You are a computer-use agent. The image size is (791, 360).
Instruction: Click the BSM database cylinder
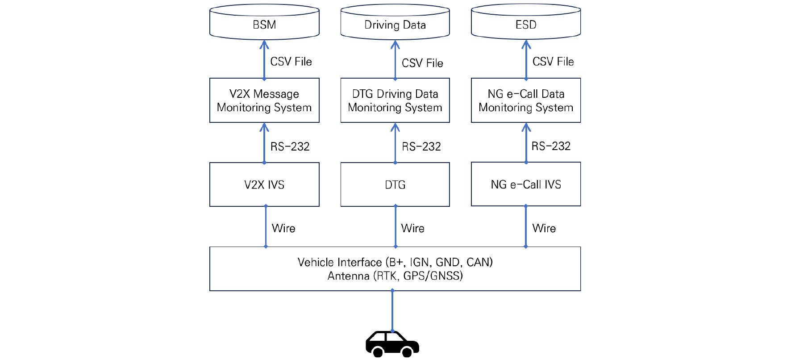pyautogui.click(x=264, y=22)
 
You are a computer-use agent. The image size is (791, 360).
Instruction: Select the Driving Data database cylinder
pyautogui.click(x=395, y=22)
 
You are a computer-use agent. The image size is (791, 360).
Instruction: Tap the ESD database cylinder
pyautogui.click(x=526, y=22)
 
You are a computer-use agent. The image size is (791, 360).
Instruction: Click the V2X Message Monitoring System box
pyautogui.click(x=264, y=100)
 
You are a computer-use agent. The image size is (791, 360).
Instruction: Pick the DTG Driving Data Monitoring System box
pyautogui.click(x=395, y=100)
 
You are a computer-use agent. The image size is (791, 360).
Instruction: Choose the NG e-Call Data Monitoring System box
pyautogui.click(x=526, y=100)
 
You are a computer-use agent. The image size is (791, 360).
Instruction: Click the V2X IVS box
pyautogui.click(x=264, y=184)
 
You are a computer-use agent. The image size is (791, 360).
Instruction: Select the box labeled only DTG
pyautogui.click(x=395, y=184)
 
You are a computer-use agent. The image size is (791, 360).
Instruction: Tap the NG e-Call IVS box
pyautogui.click(x=526, y=184)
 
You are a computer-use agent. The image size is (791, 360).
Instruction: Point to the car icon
pyautogui.click(x=392, y=344)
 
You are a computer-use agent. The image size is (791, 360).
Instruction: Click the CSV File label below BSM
pyautogui.click(x=291, y=62)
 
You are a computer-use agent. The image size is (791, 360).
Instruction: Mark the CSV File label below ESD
pyautogui.click(x=553, y=62)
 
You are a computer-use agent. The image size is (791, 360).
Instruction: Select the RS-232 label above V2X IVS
pyautogui.click(x=290, y=147)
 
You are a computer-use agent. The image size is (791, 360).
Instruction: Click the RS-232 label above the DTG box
pyautogui.click(x=421, y=147)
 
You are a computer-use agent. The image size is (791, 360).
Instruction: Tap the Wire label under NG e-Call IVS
pyautogui.click(x=544, y=228)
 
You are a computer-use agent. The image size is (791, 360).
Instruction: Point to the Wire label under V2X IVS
pyautogui.click(x=283, y=228)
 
